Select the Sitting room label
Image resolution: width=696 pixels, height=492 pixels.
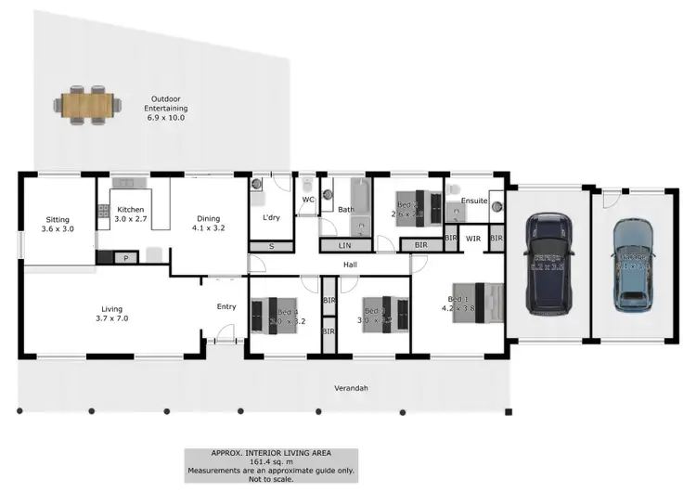pos(58,224)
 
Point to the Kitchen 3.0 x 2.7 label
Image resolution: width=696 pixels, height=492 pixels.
pos(130,215)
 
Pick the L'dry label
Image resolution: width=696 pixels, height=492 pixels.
pos(272,217)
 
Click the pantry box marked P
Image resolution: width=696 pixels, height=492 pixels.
pos(126,257)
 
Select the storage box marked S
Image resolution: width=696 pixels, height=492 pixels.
pos(271,246)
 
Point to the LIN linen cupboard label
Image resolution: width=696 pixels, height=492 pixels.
pos(345,246)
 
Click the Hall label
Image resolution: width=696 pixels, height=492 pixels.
pos(350,265)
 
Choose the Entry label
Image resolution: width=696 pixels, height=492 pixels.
pos(226,306)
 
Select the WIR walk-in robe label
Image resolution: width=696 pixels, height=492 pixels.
pos(473,239)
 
